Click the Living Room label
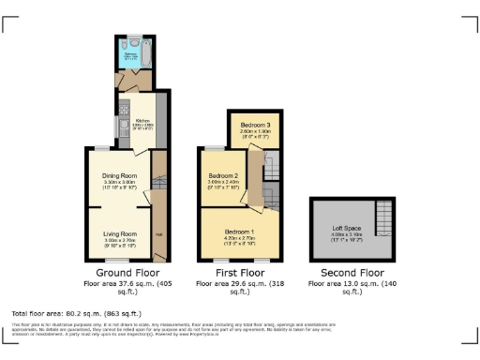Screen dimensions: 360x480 pos(120,233)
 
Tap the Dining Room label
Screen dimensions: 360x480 pos(120,175)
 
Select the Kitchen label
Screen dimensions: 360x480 pos(142,121)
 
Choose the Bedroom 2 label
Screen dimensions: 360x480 pos(223,176)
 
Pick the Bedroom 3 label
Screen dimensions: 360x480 pos(254,125)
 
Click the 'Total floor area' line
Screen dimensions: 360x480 pos(76,312)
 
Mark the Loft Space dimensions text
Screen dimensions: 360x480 pos(347,235)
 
